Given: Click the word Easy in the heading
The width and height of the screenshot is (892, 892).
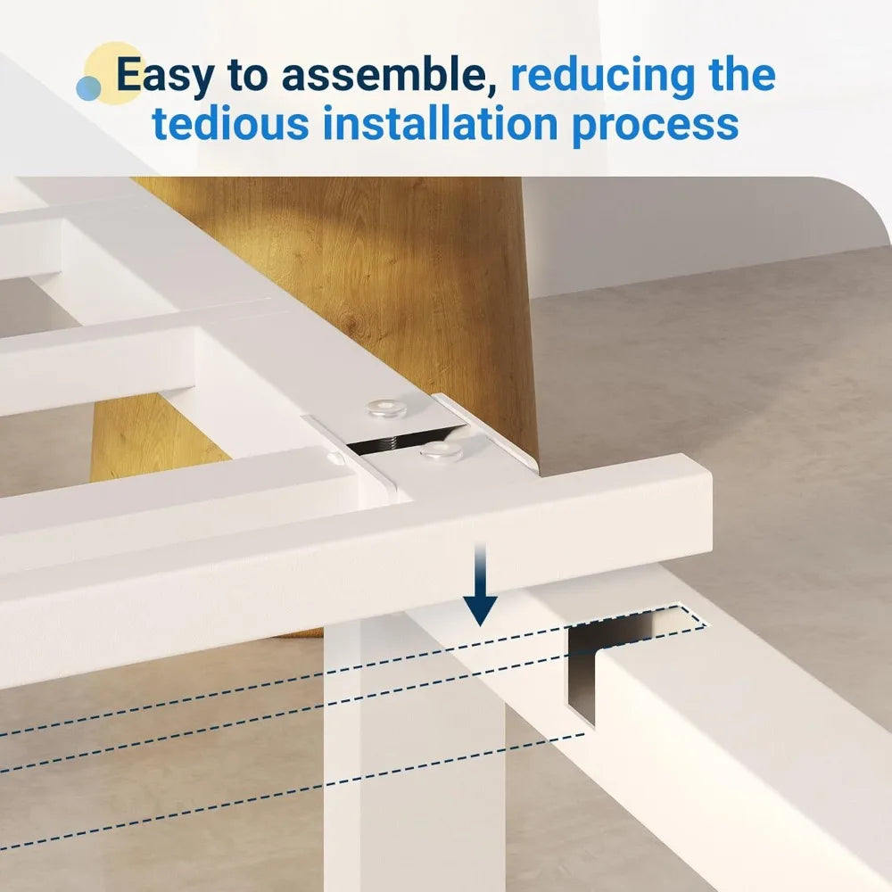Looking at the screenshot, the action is coord(165,75).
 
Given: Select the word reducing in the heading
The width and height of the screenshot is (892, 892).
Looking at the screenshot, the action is coord(602,75).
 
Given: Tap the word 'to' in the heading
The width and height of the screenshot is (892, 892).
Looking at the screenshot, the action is coord(247,75).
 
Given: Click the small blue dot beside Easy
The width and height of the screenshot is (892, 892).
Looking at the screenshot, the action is coord(88,88).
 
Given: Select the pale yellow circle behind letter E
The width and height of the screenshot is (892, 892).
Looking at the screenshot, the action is coord(114,72).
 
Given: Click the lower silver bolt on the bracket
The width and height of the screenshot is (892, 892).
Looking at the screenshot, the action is coord(442,450).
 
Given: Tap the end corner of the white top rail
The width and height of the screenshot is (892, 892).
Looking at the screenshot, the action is coord(711,475).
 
